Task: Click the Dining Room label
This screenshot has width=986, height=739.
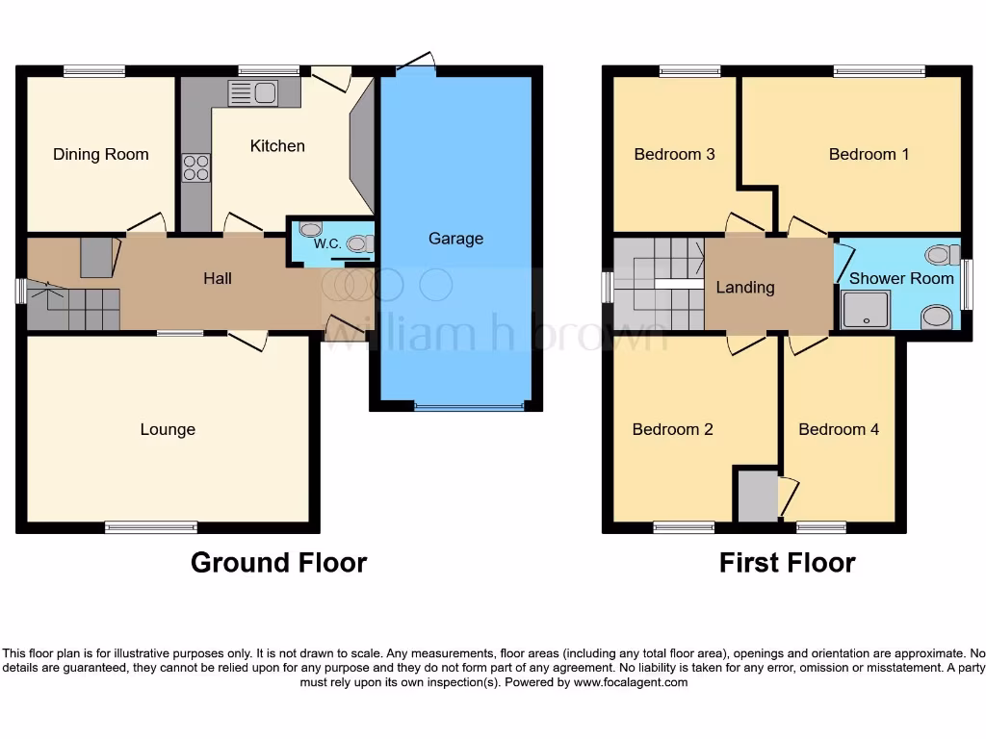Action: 101,154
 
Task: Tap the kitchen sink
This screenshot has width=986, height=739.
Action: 252,93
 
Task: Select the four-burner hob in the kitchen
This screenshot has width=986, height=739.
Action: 196,167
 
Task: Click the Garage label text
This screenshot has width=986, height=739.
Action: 455,239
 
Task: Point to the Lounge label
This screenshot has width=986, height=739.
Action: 168,429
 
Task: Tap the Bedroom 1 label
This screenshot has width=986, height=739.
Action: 869,154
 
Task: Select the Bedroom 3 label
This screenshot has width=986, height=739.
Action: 674,154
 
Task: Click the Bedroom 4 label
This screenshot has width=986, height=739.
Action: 838,429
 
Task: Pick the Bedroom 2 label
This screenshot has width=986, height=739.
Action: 672,429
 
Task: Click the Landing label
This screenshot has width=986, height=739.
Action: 745,287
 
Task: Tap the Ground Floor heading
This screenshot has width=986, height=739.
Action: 278,562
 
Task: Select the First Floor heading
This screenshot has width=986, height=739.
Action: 787,562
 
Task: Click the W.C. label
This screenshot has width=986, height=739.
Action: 327,244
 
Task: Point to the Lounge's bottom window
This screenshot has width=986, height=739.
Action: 151,526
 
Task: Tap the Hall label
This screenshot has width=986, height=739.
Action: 218,279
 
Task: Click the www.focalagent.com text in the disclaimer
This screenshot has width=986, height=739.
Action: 631,682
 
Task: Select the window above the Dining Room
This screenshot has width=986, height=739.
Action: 94,70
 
